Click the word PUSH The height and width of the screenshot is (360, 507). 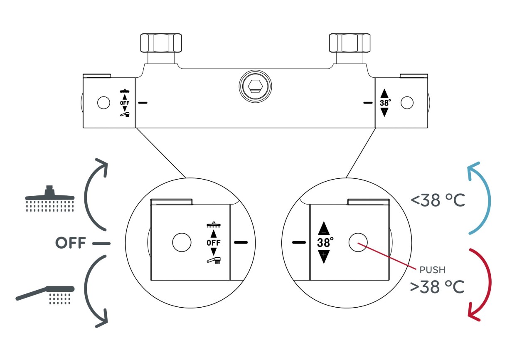(x=432, y=270)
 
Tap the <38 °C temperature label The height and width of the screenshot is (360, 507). (x=438, y=200)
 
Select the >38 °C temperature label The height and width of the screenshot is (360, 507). (x=437, y=287)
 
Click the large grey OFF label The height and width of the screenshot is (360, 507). (x=71, y=243)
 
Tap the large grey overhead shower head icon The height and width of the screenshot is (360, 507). (x=50, y=199)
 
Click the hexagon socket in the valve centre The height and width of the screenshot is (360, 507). (x=255, y=86)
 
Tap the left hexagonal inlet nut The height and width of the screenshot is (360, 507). (x=161, y=42)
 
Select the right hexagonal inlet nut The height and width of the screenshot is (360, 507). (x=349, y=42)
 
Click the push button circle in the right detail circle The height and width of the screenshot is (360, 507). (x=358, y=242)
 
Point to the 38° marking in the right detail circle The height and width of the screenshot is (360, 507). (x=325, y=242)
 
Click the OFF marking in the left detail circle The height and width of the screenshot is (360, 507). (x=214, y=243)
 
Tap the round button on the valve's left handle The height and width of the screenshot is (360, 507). (x=103, y=103)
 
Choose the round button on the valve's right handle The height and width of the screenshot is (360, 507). (x=407, y=103)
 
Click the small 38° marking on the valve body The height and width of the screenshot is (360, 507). (x=385, y=103)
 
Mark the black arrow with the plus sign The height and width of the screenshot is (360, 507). (x=324, y=257)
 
